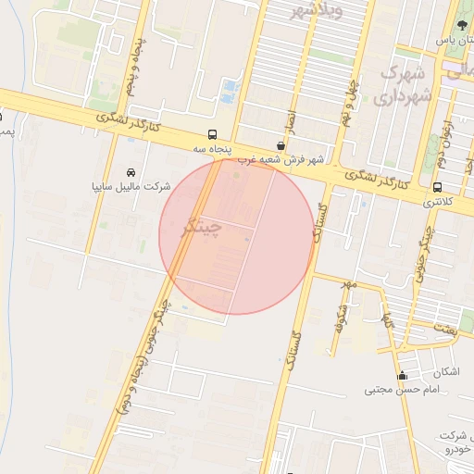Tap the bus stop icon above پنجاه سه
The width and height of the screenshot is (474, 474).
[214, 134]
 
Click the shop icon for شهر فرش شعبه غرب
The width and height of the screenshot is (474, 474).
[281, 145]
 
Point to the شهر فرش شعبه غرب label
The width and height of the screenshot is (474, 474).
[281, 159]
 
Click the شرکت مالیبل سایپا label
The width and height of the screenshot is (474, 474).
[131, 186]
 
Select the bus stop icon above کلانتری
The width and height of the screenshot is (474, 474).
[437, 187]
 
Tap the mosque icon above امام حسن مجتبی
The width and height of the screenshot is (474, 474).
[402, 376]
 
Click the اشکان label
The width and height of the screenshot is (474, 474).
[444, 372]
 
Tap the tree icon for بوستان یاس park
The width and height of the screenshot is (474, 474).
[462, 25]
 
